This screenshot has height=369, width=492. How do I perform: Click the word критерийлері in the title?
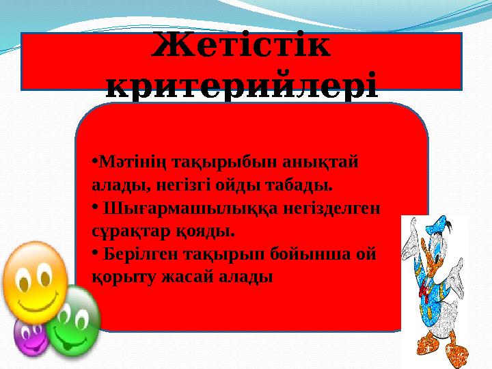(x=242, y=87)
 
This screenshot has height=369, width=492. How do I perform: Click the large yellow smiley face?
(x=33, y=282)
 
